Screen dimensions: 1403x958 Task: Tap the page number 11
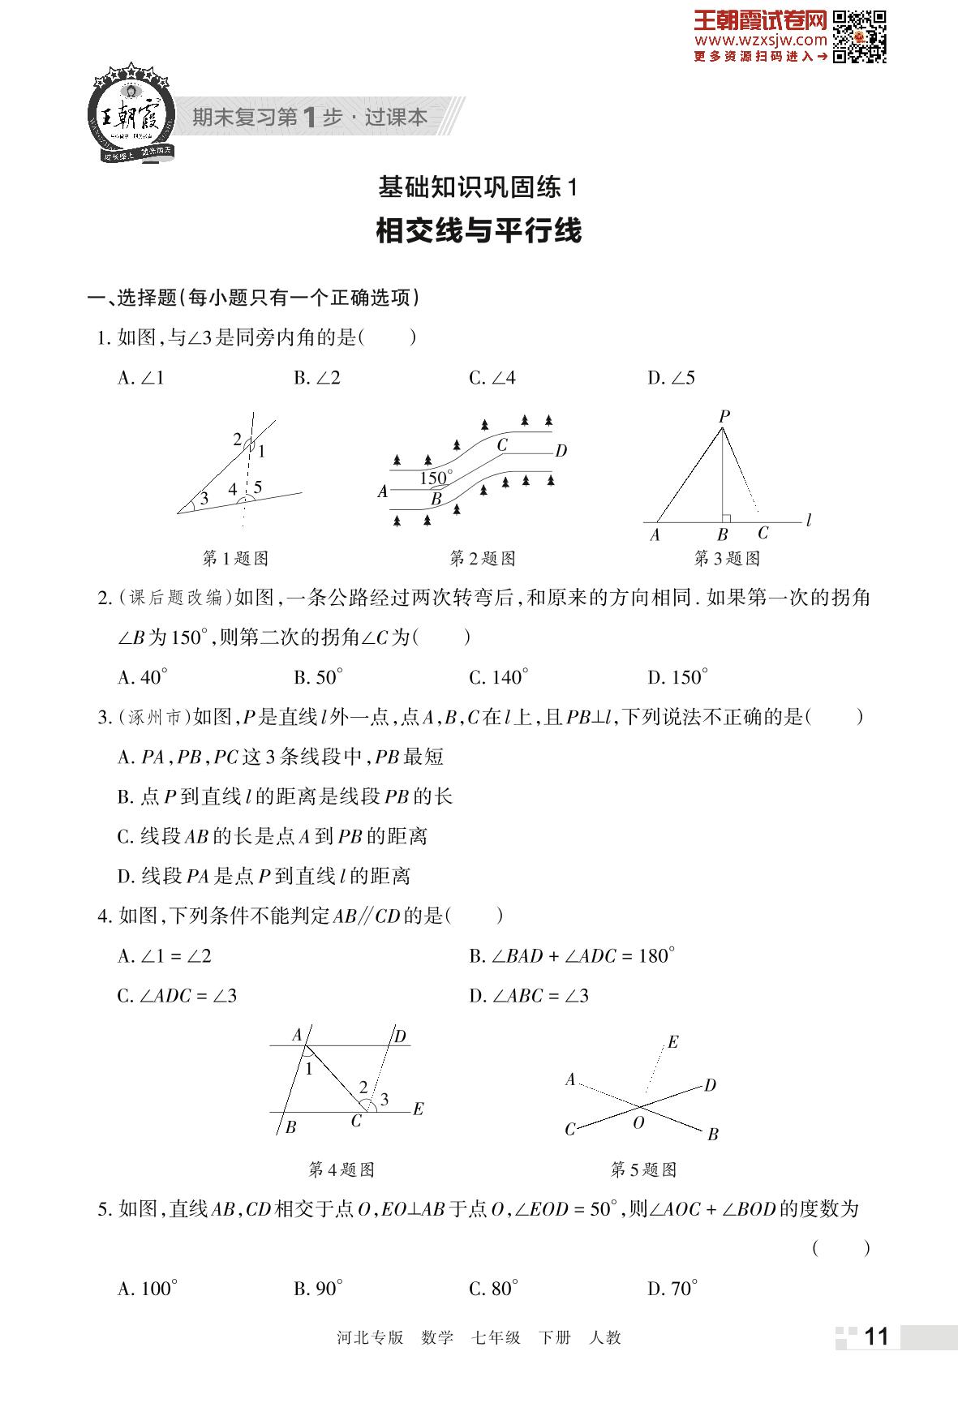[x=877, y=1336]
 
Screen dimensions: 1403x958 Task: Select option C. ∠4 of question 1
[x=492, y=378]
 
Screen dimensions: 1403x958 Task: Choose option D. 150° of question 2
[x=678, y=677]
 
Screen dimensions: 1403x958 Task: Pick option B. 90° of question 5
[x=318, y=1289]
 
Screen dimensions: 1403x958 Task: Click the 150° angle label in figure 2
[x=436, y=478]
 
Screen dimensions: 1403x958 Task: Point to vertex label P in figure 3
[x=724, y=416]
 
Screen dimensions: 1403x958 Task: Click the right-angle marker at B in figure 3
[x=727, y=518]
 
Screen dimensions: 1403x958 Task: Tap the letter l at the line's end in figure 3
[x=810, y=521]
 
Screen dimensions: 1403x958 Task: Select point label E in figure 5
[x=672, y=1042]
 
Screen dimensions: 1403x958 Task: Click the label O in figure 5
[x=638, y=1122]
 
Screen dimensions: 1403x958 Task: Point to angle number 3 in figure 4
[x=384, y=1100]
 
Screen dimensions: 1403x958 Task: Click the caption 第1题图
[x=234, y=559]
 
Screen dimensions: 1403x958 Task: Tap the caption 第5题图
[x=643, y=1169]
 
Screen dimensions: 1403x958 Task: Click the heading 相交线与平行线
[x=479, y=231]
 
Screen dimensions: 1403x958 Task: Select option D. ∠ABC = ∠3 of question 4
[x=529, y=996]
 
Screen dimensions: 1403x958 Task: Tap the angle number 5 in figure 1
[x=258, y=487]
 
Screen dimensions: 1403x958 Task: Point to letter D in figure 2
[x=561, y=451]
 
